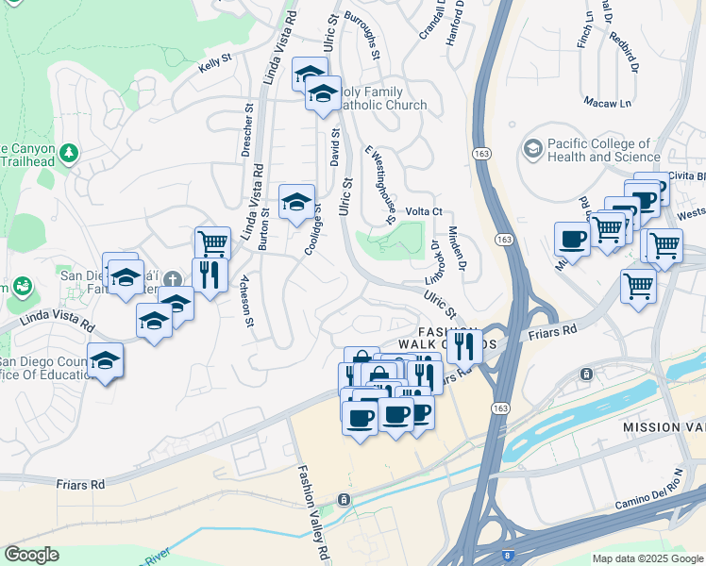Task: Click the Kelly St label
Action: [x=215, y=68]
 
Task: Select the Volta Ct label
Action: [x=424, y=212]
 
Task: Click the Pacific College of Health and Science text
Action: [x=604, y=150]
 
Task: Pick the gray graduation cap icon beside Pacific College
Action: [x=533, y=149]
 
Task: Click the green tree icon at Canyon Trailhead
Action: [x=69, y=151]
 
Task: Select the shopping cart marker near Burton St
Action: [x=212, y=242]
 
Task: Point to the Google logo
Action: [x=32, y=554]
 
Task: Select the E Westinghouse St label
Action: [x=379, y=185]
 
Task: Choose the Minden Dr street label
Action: [x=457, y=249]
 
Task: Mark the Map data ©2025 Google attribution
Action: [x=647, y=558]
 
